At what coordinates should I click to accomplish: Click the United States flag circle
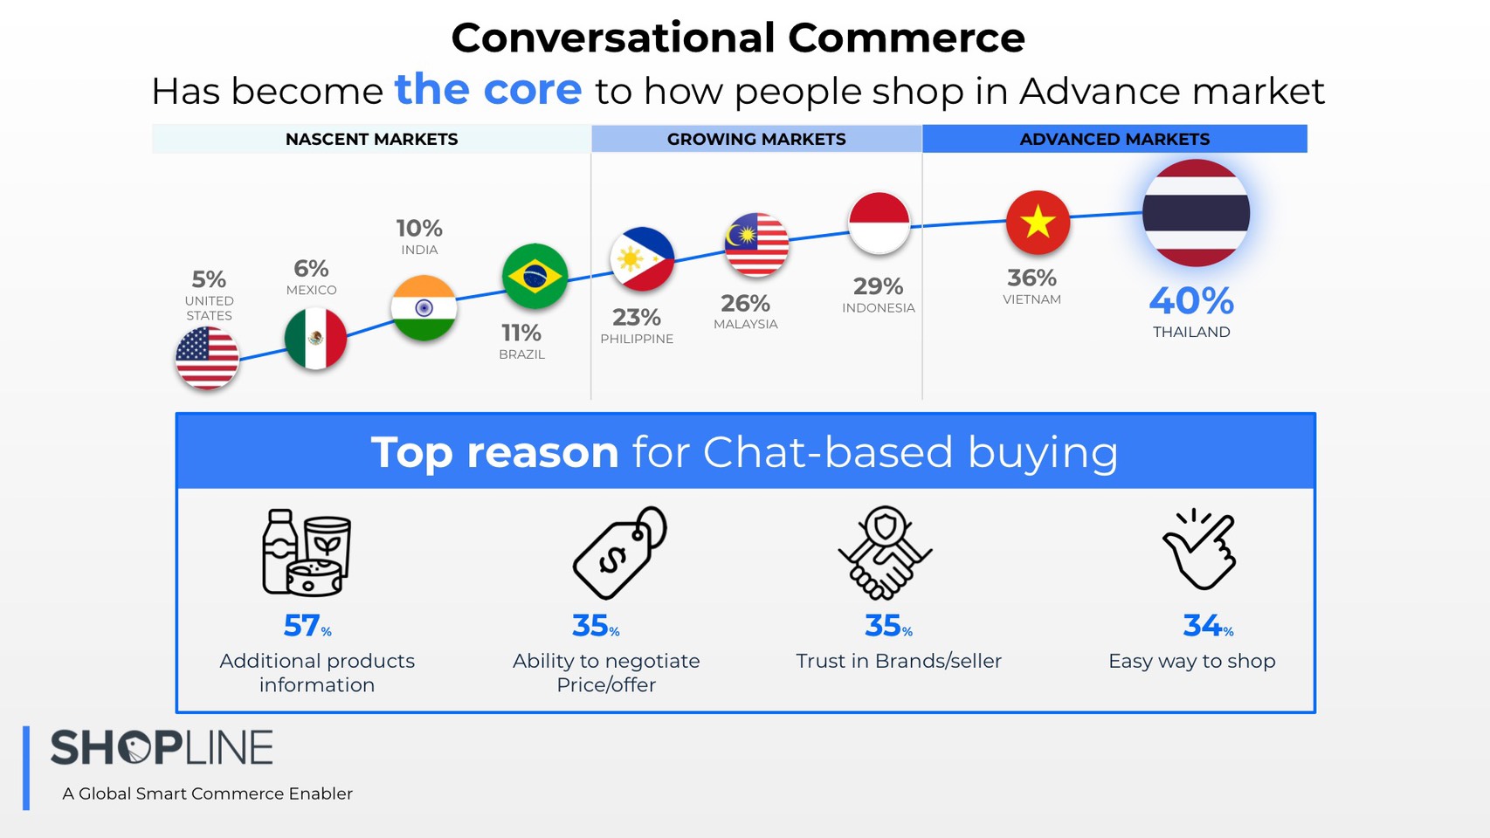click(207, 358)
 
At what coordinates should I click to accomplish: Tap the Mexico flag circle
click(315, 339)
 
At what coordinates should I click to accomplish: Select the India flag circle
click(424, 308)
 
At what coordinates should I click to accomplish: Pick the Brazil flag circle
click(535, 276)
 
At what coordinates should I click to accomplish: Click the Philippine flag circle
click(642, 259)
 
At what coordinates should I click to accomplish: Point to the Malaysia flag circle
click(756, 244)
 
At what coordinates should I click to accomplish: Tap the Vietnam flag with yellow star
click(1038, 223)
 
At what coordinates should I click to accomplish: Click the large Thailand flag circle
click(1196, 213)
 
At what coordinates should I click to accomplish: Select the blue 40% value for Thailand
click(1191, 300)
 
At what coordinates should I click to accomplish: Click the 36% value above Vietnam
click(1031, 278)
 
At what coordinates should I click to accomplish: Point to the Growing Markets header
click(756, 139)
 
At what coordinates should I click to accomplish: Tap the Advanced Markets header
click(1114, 139)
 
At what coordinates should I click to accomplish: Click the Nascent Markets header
click(371, 139)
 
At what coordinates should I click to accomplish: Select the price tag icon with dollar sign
click(619, 553)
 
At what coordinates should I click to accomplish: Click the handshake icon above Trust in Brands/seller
click(885, 553)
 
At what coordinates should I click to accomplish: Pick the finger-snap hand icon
click(1199, 549)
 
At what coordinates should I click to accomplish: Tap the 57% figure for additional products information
click(307, 626)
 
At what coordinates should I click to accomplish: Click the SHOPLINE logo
click(162, 747)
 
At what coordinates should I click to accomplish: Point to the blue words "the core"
click(488, 89)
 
